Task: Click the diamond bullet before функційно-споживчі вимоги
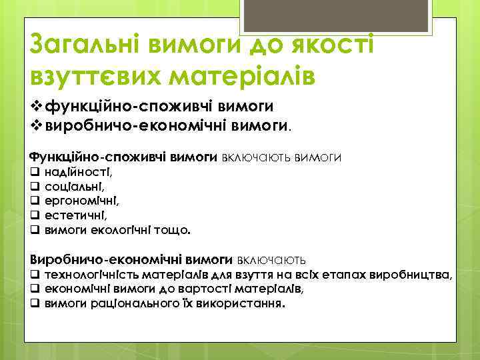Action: point(36,107)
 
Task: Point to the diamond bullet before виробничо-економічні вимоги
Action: point(36,123)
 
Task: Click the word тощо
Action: point(173,231)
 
